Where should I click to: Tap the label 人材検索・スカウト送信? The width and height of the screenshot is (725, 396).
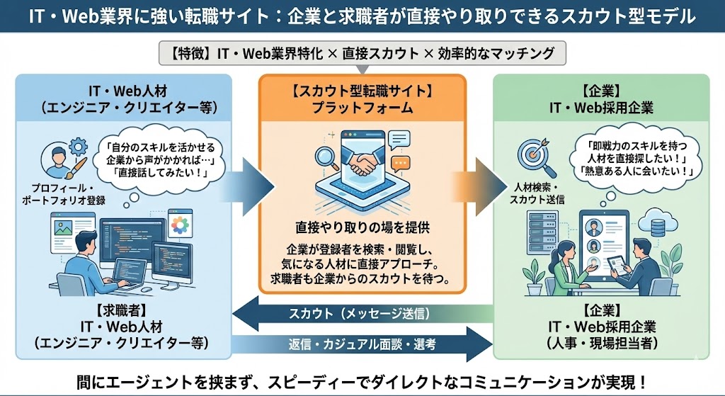click(x=537, y=194)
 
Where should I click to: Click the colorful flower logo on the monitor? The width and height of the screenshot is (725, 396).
click(x=181, y=225)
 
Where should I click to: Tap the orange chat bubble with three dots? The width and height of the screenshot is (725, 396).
click(x=401, y=162)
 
